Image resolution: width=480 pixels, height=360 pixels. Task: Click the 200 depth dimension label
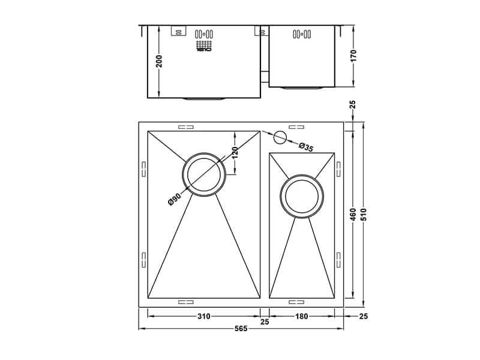coord(159,62)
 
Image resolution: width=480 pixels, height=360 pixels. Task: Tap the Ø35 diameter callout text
coord(305,146)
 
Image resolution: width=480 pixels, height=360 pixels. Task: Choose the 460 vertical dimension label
coord(353,215)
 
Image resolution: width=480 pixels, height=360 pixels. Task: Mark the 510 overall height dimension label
coord(364,215)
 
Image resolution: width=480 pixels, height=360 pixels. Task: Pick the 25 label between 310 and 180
coord(265,323)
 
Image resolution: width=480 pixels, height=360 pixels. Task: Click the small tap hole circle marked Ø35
coord(279,137)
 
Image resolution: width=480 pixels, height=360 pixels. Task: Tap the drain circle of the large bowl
coord(204,175)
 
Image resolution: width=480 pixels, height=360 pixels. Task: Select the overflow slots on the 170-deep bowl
coord(300,35)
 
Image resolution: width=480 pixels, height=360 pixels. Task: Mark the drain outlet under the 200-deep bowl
coord(204,98)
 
